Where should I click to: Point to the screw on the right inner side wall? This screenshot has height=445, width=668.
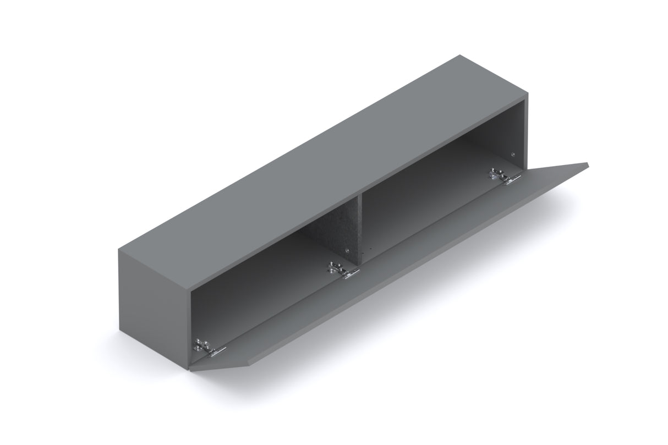coord(513,155)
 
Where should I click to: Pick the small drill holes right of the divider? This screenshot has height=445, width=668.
coord(370,250)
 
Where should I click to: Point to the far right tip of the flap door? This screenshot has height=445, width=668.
coord(588,163)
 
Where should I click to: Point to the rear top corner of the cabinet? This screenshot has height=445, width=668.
coord(459,56)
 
